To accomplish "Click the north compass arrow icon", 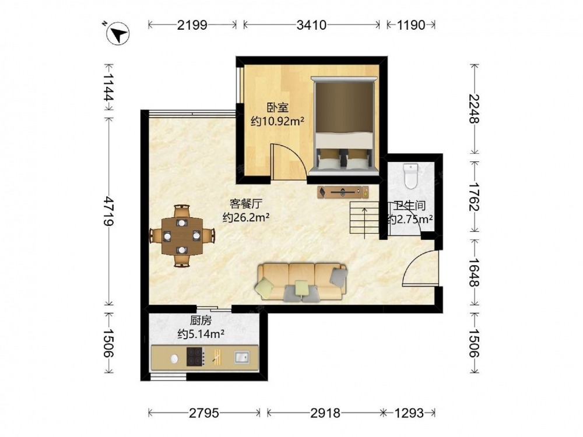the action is (x=118, y=34).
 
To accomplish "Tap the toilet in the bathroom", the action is (x=410, y=176).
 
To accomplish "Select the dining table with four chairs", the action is (x=182, y=236).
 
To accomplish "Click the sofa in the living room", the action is (x=301, y=282).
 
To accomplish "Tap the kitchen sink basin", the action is (x=242, y=357).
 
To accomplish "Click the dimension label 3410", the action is (x=311, y=25).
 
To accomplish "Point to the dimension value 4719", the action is (x=108, y=211).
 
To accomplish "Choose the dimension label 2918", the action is (x=325, y=413).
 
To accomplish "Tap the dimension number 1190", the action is (x=411, y=25).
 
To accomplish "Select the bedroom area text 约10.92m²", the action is (x=278, y=121).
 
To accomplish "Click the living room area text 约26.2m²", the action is (x=246, y=217).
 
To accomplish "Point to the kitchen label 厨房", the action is (x=201, y=320).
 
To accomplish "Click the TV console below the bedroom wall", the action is (x=343, y=192).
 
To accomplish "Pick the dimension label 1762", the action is (x=475, y=196).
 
